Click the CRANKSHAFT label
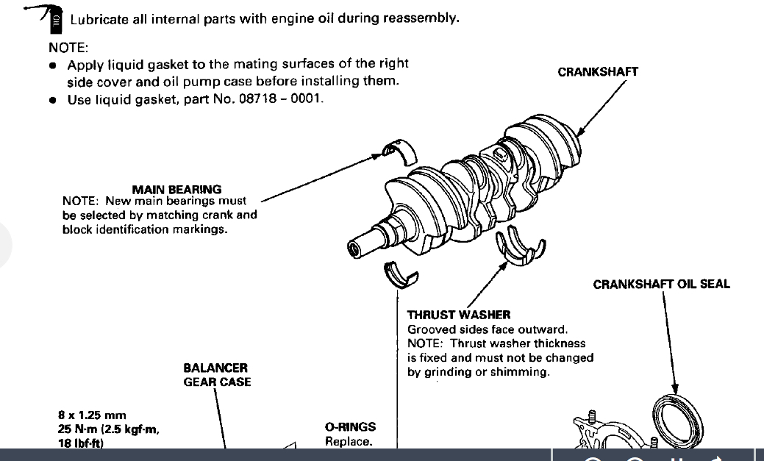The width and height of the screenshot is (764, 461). pyautogui.click(x=598, y=72)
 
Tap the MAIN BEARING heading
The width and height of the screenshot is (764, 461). pyautogui.click(x=176, y=190)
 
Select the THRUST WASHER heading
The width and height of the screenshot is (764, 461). pyautogui.click(x=459, y=315)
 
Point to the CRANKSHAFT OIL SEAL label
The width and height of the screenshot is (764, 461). pyautogui.click(x=661, y=285)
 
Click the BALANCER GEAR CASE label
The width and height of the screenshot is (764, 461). pyautogui.click(x=216, y=374)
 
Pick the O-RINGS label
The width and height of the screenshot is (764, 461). pyautogui.click(x=350, y=426)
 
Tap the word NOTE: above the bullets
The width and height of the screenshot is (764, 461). pyautogui.click(x=68, y=48)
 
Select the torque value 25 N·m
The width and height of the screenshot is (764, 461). pyautogui.click(x=77, y=429)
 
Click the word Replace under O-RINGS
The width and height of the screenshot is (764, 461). pyautogui.click(x=349, y=442)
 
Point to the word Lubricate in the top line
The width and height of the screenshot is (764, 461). pyautogui.click(x=99, y=19)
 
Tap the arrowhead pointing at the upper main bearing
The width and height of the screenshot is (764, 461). pyautogui.click(x=378, y=155)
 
